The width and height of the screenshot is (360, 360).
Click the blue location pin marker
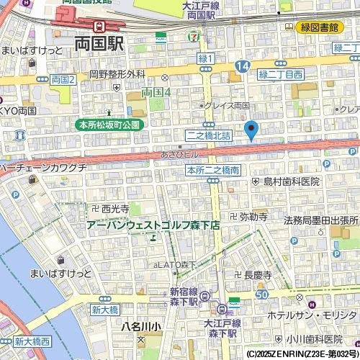coord(251,130)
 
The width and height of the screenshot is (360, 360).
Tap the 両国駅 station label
coord(99,44)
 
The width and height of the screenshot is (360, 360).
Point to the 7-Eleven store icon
coord(192,35)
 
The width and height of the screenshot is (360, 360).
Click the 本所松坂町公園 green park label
coord(111,125)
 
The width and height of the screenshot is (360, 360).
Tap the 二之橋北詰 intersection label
coord(209,135)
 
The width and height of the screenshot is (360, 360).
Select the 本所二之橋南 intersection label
coord(212,171)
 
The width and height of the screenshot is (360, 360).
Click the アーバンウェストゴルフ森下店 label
coord(153,225)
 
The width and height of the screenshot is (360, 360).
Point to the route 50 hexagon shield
coord(261,294)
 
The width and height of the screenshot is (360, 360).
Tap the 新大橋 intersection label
coord(105,310)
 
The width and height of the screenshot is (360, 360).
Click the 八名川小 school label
coord(141,325)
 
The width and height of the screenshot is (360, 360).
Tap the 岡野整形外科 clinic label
coord(117,74)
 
